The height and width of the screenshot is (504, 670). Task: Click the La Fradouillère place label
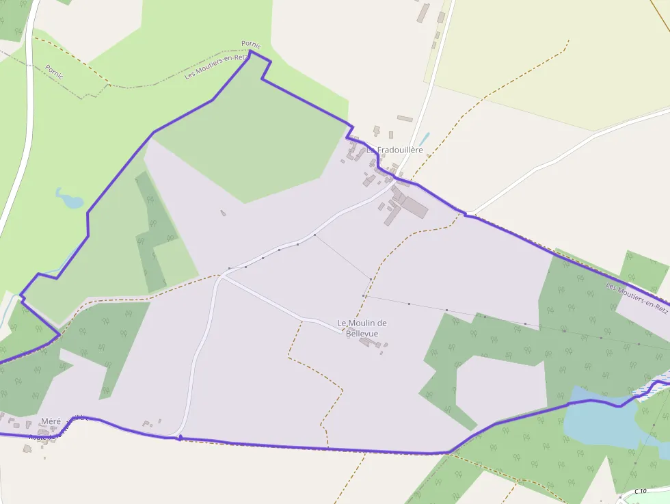[x=395, y=150]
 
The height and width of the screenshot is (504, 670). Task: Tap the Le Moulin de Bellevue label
[x=362, y=328]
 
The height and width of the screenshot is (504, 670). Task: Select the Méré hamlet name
[x=51, y=421]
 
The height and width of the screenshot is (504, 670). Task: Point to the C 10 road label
[x=640, y=491]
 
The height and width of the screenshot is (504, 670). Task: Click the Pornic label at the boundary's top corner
[x=251, y=44]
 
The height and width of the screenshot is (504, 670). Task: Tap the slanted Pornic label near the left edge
[x=54, y=72]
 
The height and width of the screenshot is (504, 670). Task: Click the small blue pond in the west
[x=70, y=200]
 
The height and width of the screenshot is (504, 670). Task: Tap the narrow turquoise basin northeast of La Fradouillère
[x=425, y=138]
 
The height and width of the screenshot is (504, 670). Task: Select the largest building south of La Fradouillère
[x=414, y=206]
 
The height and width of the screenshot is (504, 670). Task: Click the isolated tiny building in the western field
[x=223, y=213]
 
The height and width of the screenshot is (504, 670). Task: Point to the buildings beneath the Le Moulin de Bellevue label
[x=370, y=342]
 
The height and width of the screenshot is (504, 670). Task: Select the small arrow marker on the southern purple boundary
[x=180, y=437]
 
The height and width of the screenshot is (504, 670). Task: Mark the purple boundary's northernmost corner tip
[x=250, y=51]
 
